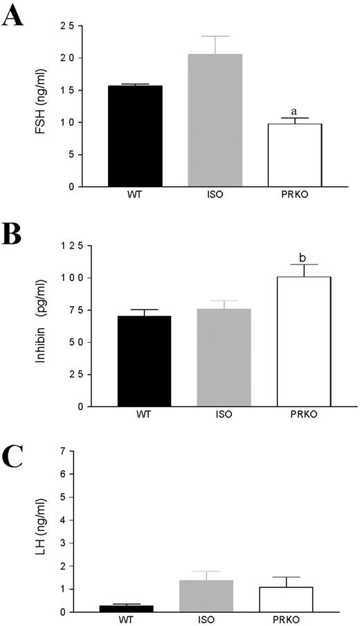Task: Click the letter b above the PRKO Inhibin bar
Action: pyautogui.click(x=303, y=258)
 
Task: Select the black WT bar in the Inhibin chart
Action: pyautogui.click(x=145, y=361)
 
